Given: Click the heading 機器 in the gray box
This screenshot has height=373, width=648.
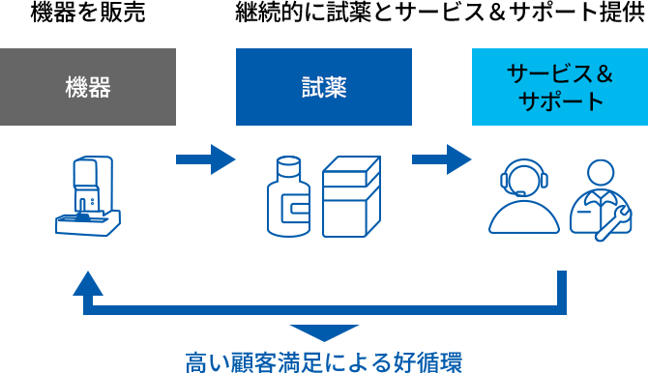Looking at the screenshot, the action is [x=88, y=88].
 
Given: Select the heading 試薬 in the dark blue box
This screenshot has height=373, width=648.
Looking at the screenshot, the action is [x=324, y=88].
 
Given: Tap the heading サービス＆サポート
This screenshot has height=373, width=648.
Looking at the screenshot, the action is [x=560, y=87].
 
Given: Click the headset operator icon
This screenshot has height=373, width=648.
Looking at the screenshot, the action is [x=524, y=196].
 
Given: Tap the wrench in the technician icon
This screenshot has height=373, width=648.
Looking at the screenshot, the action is [x=614, y=223].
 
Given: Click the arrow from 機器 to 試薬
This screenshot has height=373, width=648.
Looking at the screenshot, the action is [x=206, y=158].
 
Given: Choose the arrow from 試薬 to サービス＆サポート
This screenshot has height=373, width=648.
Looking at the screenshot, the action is [x=442, y=158].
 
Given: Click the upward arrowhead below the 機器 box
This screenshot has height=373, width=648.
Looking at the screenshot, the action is [x=88, y=283].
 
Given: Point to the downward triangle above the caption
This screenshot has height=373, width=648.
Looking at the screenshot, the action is [x=324, y=332].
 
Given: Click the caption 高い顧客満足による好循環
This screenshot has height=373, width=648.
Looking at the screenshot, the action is [x=324, y=361].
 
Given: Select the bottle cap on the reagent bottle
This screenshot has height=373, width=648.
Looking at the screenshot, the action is [x=288, y=164].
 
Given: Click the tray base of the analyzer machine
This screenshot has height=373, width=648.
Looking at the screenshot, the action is [x=88, y=226].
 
